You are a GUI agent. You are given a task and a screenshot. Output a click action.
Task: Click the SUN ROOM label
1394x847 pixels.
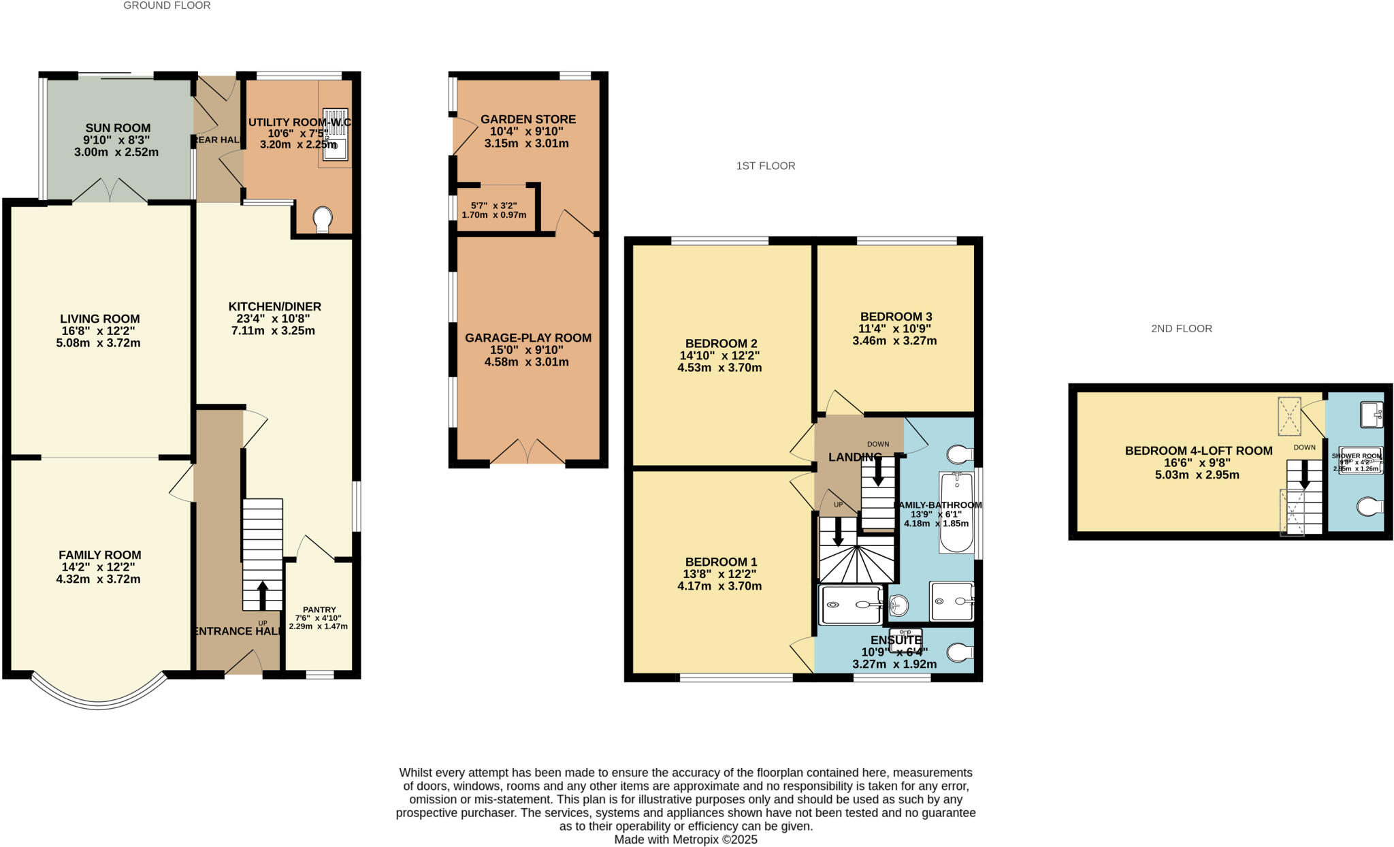tap(118, 128)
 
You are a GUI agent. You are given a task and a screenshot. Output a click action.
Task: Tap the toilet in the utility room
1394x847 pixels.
tap(323, 219)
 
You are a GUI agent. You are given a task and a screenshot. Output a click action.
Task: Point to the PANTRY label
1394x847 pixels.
tap(319, 610)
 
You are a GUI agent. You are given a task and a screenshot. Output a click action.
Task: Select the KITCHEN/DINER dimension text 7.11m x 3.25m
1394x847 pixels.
tap(273, 331)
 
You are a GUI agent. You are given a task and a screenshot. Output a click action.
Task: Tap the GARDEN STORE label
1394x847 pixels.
tap(528, 119)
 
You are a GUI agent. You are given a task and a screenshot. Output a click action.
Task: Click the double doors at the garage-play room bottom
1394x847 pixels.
tap(528, 453)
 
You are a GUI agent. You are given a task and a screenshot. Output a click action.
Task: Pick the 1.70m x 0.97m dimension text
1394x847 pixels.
tap(494, 215)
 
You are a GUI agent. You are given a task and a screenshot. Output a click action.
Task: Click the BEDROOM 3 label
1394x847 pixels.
tap(896, 317)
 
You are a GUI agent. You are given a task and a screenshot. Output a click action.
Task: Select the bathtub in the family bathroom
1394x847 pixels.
tap(956, 512)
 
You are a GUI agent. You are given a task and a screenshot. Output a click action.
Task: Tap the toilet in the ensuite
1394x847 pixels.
tap(960, 652)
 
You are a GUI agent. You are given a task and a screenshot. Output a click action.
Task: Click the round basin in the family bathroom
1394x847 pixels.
tap(898, 604)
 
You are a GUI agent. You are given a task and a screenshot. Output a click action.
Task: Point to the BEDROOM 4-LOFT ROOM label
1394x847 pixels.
tap(1198, 451)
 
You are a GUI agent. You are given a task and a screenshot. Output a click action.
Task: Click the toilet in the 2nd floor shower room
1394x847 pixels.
tap(1369, 507)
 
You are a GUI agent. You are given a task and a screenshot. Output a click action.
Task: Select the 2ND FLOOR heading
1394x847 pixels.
tap(1181, 329)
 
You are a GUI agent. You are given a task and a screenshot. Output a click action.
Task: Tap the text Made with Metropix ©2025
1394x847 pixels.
tap(685, 840)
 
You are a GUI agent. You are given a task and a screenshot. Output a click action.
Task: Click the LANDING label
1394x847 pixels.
tap(854, 458)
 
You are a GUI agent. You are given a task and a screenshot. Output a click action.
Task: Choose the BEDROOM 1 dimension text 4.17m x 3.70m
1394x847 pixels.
tap(719, 586)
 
